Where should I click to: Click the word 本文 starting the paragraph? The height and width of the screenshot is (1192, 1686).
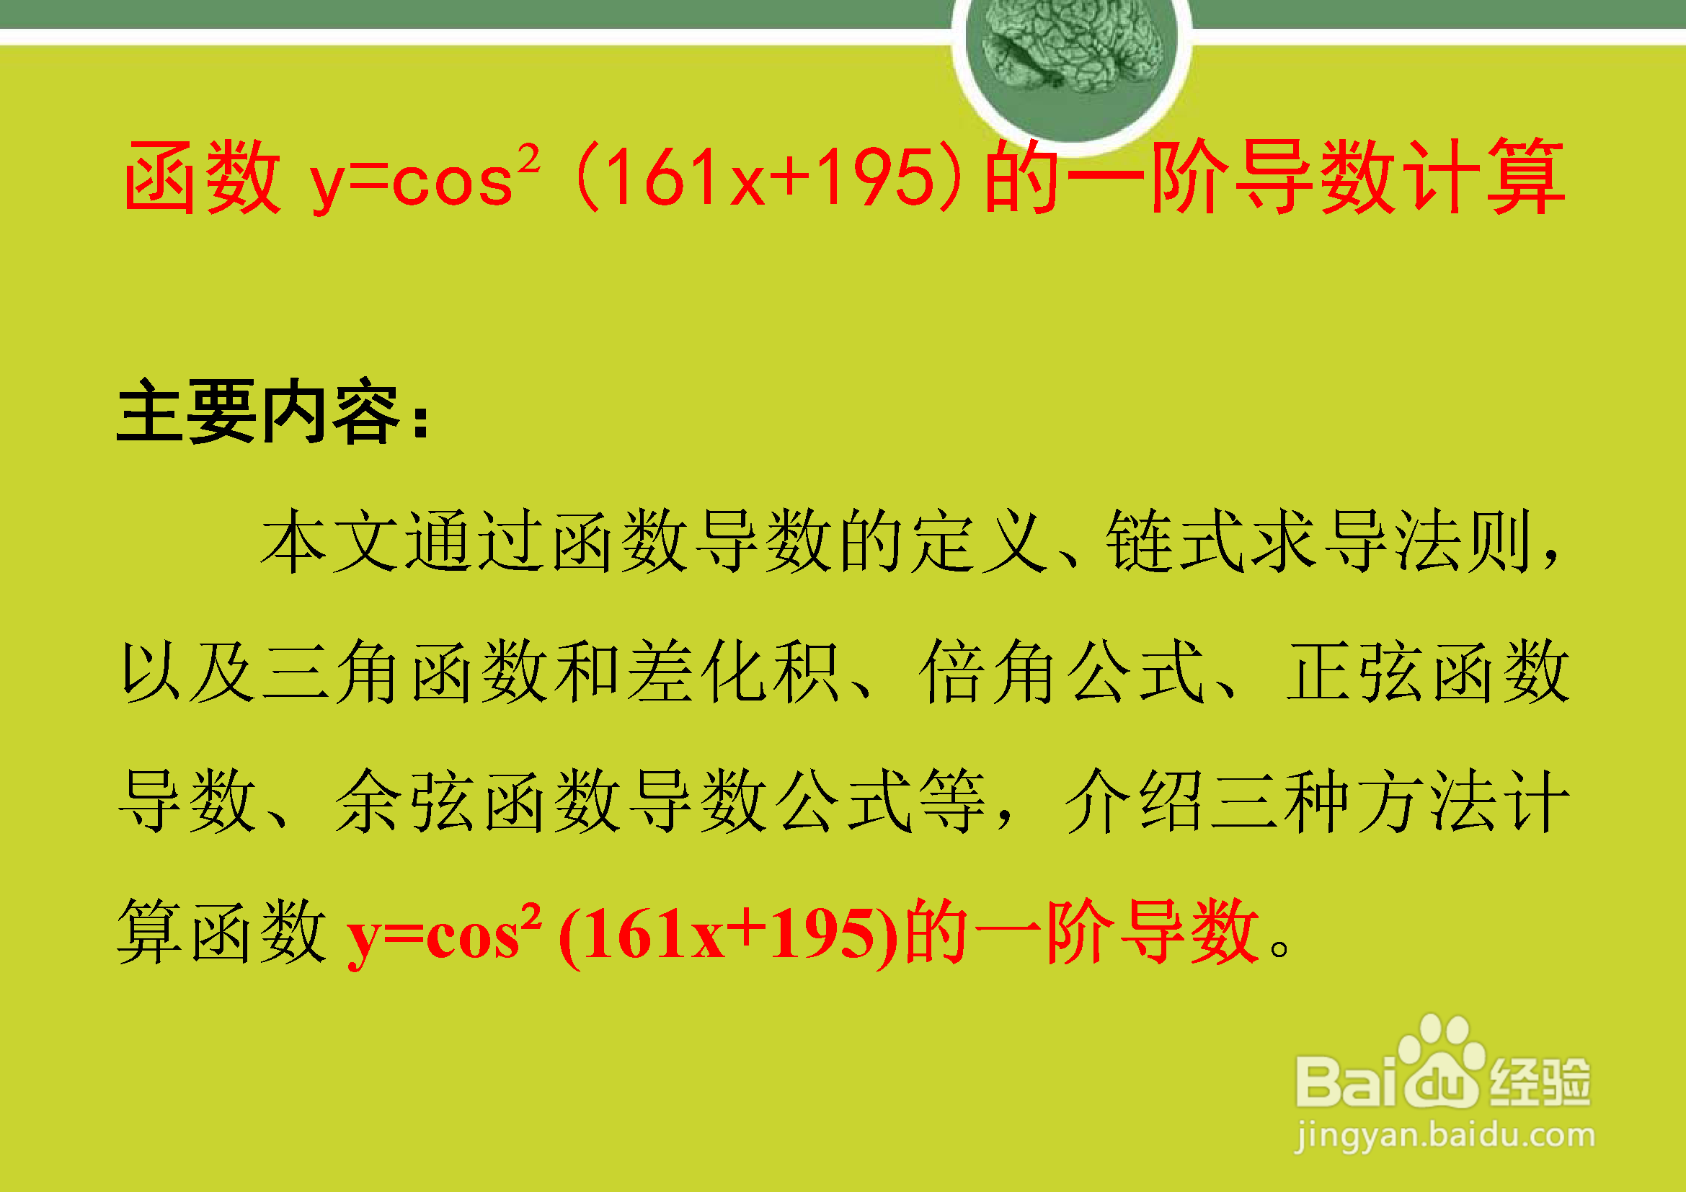330,542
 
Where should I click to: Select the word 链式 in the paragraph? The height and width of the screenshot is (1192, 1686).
1176,542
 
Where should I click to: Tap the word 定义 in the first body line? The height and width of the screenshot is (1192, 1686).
977,542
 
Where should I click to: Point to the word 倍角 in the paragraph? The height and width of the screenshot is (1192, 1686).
988,672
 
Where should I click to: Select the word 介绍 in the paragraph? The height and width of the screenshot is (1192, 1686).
1134,801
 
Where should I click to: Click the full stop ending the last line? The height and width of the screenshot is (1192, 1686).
1279,948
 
